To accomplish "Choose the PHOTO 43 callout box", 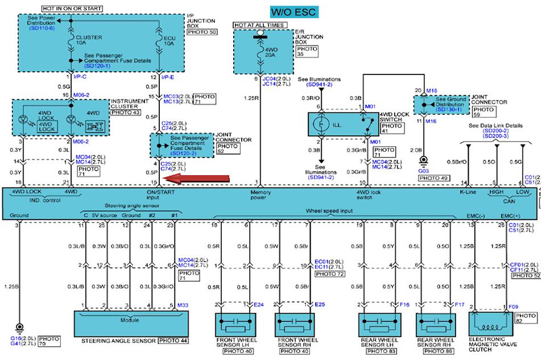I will coord(125,112).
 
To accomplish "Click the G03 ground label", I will coord(423,170).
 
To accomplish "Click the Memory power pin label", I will coord(261,196).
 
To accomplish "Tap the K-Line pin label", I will coord(468,192).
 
